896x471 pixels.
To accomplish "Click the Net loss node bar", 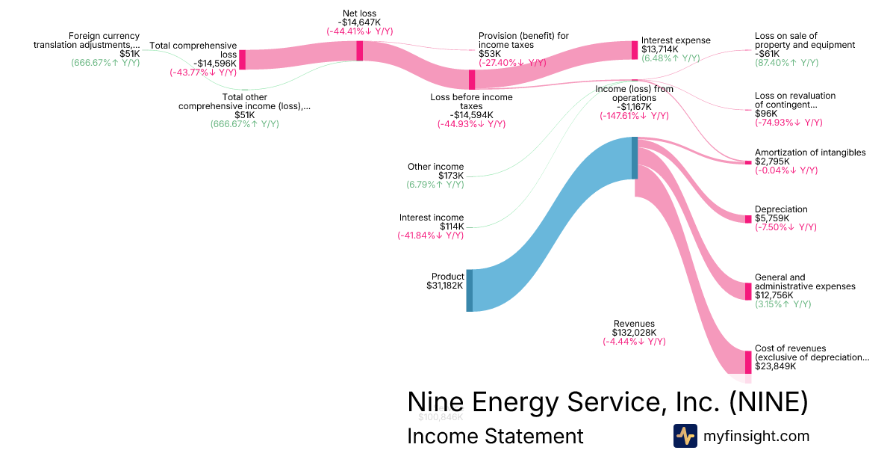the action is point(360,51).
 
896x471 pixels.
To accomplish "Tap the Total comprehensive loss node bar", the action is point(242,60).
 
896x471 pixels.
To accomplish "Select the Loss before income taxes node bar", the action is point(472,80).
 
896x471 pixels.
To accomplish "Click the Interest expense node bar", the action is point(635,50).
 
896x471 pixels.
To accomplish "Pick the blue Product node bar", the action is point(470,291).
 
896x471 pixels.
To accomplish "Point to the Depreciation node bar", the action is point(748,218).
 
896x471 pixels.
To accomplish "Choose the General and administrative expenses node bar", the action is point(748,291).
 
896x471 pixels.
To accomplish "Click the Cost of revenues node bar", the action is point(748,362).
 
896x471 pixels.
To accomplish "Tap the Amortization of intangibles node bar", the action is point(748,162).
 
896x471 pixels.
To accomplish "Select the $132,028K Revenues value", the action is point(634,333).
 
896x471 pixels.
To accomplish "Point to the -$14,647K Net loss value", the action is point(359,22).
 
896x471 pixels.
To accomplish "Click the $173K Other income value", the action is point(451,176).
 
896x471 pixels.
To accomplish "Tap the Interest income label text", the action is point(431,218).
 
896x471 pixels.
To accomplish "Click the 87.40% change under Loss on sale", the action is point(786,63).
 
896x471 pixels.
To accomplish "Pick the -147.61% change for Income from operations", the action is point(634,116).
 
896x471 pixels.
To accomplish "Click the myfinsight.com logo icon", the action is point(685,436).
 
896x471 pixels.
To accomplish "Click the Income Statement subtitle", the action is point(494,437).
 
